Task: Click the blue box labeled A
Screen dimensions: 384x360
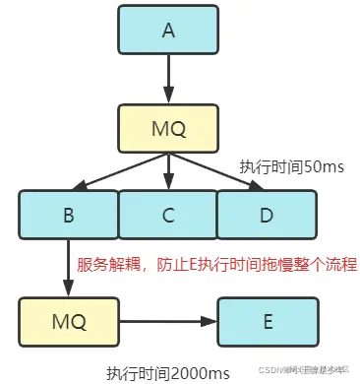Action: point(167,30)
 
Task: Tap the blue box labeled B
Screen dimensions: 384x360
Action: point(69,215)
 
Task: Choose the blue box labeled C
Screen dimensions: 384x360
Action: point(167,215)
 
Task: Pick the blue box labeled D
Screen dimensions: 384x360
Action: point(266,215)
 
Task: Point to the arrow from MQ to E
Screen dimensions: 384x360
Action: point(167,320)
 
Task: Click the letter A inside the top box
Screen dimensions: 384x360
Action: point(167,30)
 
